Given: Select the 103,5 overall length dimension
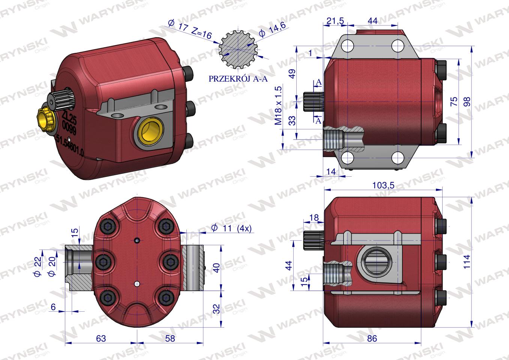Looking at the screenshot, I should click(383, 185).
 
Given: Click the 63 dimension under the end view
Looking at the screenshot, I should click(101, 338).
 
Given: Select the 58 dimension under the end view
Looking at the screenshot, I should click(170, 338).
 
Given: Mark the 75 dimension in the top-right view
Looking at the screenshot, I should click(453, 102).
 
